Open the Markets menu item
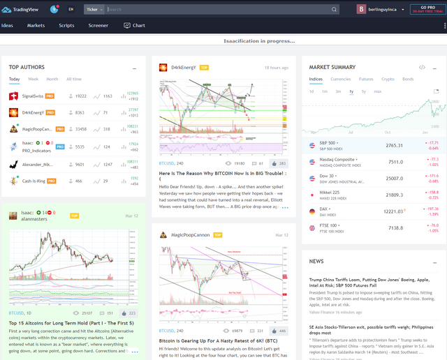pos(36,25)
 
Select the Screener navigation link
pos(98,25)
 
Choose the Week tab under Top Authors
pos(33,79)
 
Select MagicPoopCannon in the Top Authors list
pos(38,128)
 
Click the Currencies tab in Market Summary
pos(341,79)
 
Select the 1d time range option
pos(312,91)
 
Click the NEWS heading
pos(316,261)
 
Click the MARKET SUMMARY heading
pos(332,67)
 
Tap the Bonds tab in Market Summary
pos(408,79)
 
